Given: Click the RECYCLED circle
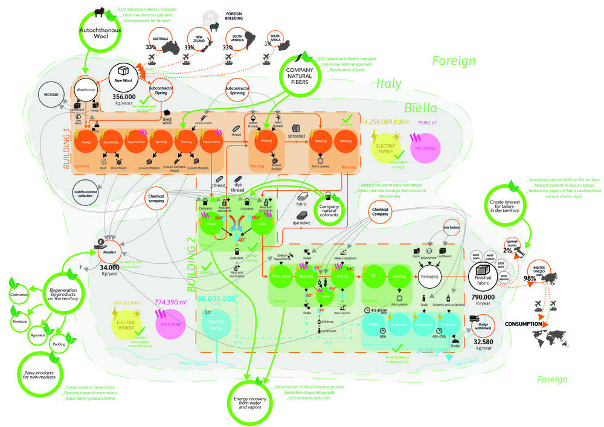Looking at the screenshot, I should pos(51,95).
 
